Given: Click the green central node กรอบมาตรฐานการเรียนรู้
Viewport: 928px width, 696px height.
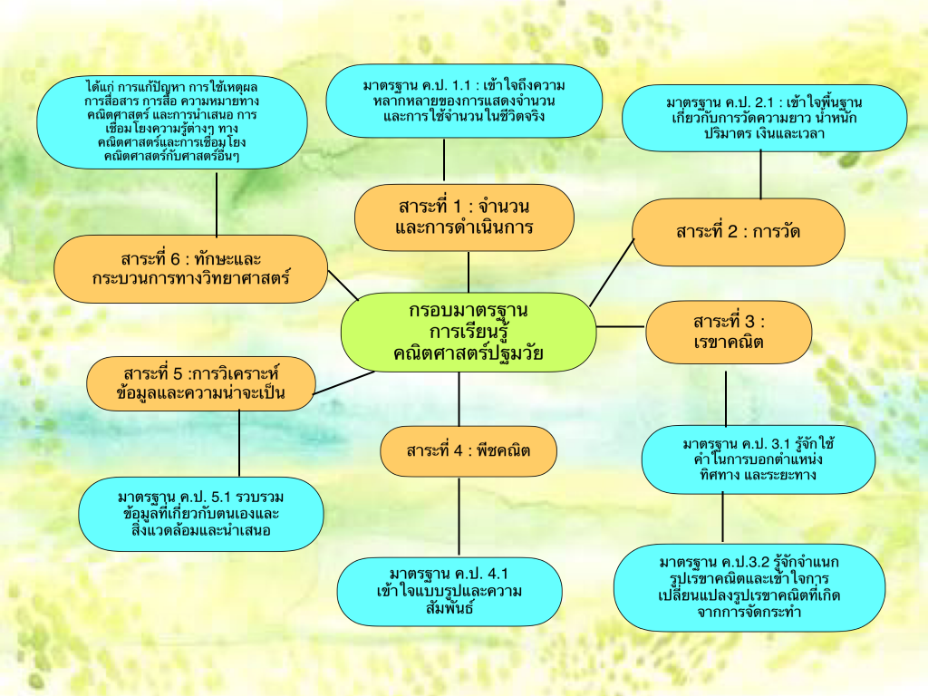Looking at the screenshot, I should [x=468, y=332].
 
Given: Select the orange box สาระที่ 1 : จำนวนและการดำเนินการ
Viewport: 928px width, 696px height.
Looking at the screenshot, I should [x=464, y=217].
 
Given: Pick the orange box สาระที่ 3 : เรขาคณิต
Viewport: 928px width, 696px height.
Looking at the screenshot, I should [x=729, y=333].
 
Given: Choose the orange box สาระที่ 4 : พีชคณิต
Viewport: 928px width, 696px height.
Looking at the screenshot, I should [x=468, y=451].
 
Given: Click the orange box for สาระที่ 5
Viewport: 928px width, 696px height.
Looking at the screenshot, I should [x=201, y=383].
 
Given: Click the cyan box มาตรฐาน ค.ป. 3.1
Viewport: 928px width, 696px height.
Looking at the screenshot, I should [x=758, y=459].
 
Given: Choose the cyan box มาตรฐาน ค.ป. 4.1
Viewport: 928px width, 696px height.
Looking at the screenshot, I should [x=449, y=591].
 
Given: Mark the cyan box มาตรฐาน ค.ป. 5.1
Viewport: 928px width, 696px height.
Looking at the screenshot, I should [x=201, y=514].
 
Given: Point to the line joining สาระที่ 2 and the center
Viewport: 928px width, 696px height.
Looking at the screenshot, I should [x=612, y=271].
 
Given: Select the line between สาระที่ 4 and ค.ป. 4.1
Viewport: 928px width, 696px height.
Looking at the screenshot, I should [x=459, y=517].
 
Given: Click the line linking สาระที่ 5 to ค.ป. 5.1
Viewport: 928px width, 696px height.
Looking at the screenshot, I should [x=239, y=443].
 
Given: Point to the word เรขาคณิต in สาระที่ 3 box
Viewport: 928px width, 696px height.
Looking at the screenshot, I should [x=727, y=343].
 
